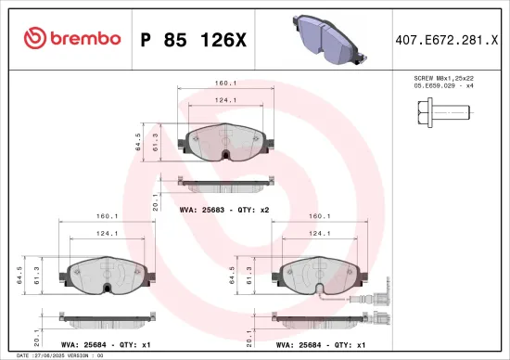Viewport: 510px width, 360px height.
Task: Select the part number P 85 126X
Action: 193,39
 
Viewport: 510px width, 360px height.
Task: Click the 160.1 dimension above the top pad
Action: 223,84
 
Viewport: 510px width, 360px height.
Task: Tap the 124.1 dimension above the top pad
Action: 223,100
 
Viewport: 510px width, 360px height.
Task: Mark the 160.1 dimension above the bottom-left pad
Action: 106,217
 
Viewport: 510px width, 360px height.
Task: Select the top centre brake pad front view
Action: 223,142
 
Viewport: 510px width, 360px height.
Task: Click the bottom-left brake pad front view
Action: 106,275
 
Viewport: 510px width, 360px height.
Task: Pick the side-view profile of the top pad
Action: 223,182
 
